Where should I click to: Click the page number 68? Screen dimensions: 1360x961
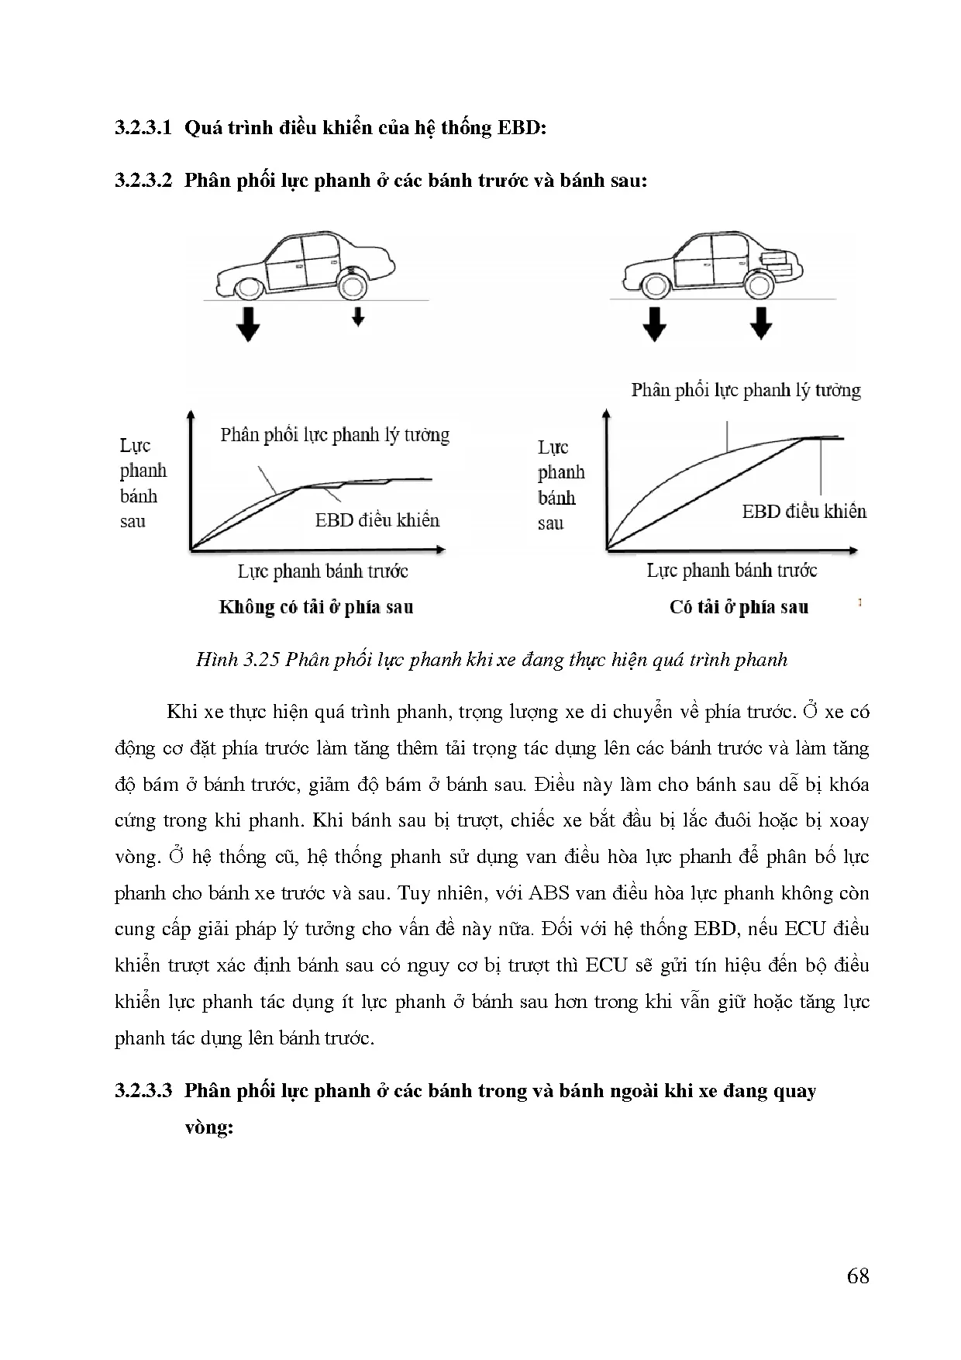(x=858, y=1276)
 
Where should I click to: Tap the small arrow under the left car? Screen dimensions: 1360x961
(x=357, y=316)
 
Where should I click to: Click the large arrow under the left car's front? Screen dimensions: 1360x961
(x=248, y=324)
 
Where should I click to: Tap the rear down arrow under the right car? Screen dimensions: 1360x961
(x=761, y=323)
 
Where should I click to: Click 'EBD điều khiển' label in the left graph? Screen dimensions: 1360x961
(x=377, y=520)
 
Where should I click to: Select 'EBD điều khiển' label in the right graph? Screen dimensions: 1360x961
(x=804, y=512)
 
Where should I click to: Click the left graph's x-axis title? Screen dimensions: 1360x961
(x=322, y=571)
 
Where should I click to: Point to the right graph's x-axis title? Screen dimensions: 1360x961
(x=732, y=571)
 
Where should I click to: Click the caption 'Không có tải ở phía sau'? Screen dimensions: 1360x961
(x=316, y=607)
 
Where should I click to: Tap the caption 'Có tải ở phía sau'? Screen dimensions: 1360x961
(x=739, y=607)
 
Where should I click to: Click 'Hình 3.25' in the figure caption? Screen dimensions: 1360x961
(x=237, y=660)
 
